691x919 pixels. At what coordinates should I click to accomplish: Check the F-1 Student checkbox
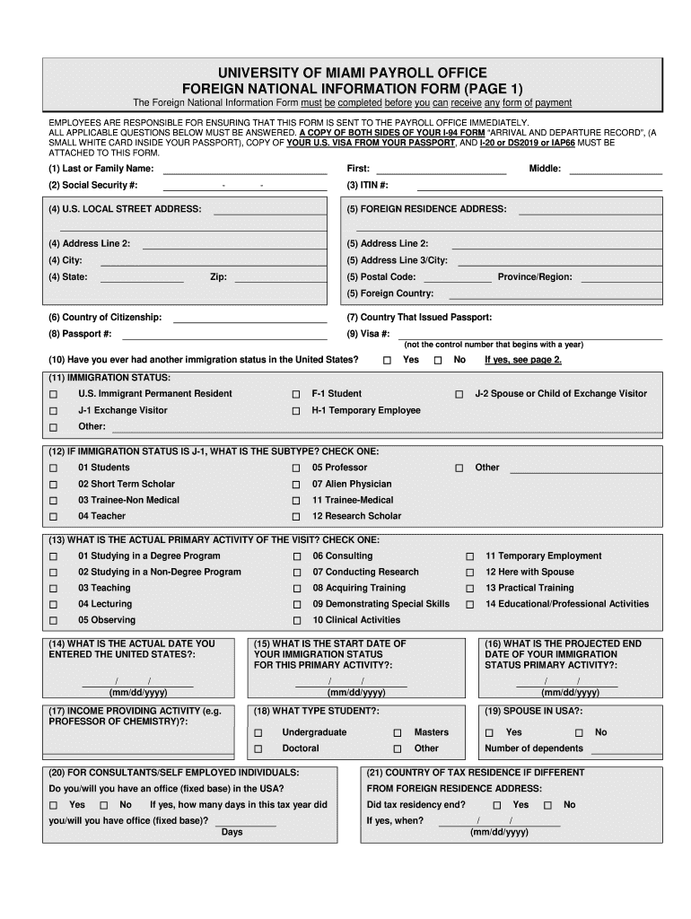[296, 395]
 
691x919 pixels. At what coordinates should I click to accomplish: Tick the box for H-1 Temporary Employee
[296, 411]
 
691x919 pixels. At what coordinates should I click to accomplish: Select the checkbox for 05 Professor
[296, 468]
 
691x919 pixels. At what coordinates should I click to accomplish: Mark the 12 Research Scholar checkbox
[296, 517]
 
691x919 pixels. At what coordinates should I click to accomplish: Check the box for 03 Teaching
[53, 589]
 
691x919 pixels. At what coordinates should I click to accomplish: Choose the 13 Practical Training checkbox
[469, 589]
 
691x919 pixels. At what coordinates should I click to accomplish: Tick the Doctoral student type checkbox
[258, 748]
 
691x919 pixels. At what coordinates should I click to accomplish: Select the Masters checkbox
[398, 733]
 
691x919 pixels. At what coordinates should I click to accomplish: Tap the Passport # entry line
[224, 335]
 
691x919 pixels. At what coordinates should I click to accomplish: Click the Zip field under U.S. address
[279, 278]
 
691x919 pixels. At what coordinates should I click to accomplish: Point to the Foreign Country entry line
[555, 294]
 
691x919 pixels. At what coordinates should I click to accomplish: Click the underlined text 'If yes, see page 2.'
[523, 360]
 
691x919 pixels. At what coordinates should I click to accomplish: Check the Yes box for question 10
[388, 361]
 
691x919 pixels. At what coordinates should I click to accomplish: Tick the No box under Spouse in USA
[579, 733]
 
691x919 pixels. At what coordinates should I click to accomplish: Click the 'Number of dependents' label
[533, 748]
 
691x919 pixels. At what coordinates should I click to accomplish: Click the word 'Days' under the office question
[232, 832]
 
